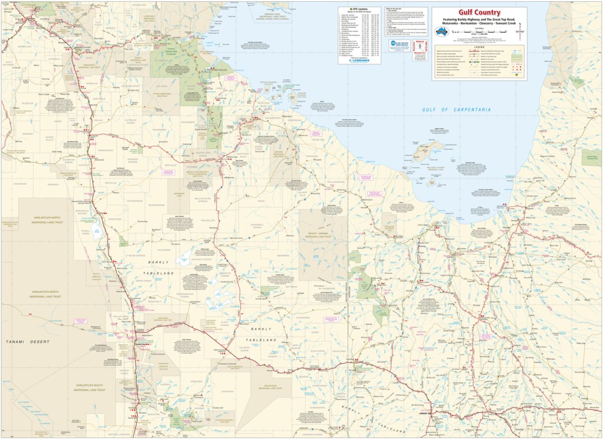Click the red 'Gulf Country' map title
(x=480, y=12)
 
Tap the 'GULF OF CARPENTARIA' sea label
(x=456, y=110)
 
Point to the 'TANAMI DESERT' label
(x=27, y=342)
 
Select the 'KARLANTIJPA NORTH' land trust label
(x=45, y=293)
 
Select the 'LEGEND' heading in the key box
(x=480, y=48)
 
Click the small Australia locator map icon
(x=442, y=32)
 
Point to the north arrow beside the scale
(x=520, y=27)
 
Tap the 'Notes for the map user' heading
(x=398, y=10)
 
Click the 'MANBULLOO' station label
(x=25, y=47)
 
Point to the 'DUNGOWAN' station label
(x=21, y=184)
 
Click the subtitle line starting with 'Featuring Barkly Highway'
(x=480, y=20)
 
